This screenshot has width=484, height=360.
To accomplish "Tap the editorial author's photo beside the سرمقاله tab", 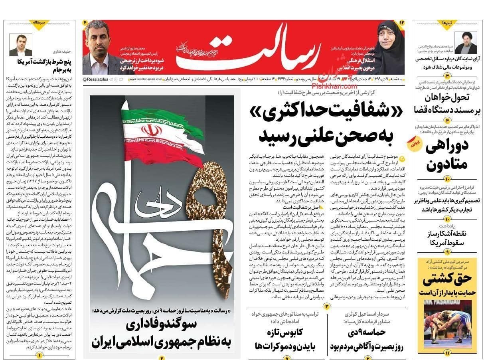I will (20, 45).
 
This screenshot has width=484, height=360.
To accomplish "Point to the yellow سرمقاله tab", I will (40, 23).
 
